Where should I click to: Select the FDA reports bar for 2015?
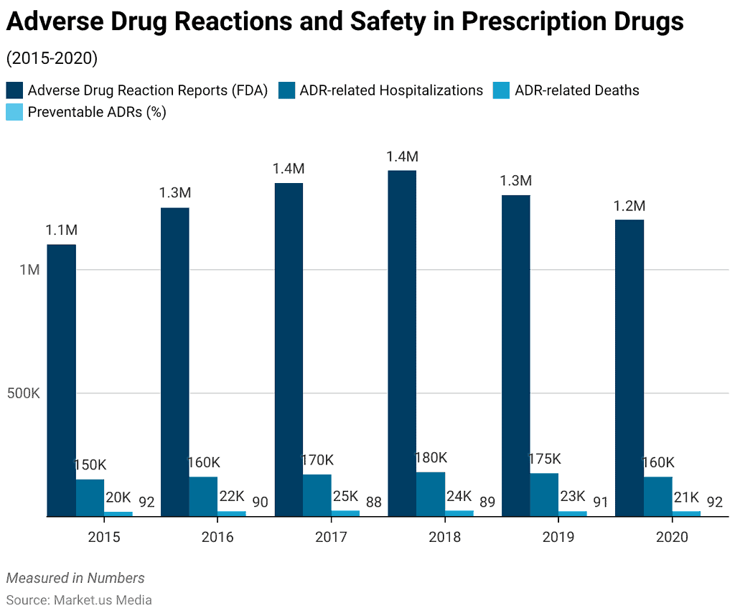pos(62,380)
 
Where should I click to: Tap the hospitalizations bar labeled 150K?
pos(90,497)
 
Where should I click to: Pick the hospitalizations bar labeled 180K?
pos(431,494)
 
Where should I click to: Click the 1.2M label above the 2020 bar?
pos(629,206)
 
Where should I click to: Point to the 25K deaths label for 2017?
pos(346,496)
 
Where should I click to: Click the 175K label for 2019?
pos(544,459)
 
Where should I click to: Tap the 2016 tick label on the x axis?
pos(217,537)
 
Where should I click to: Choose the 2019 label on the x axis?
pos(558,537)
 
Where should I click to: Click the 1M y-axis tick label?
pos(29,270)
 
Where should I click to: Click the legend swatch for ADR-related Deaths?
pos(501,90)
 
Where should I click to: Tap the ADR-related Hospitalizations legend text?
pos(391,90)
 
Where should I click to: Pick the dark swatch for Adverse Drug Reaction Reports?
pos(14,90)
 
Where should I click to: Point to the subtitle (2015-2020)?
pos(52,58)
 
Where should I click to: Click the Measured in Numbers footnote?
pos(75,578)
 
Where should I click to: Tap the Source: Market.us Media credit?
pos(79,599)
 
